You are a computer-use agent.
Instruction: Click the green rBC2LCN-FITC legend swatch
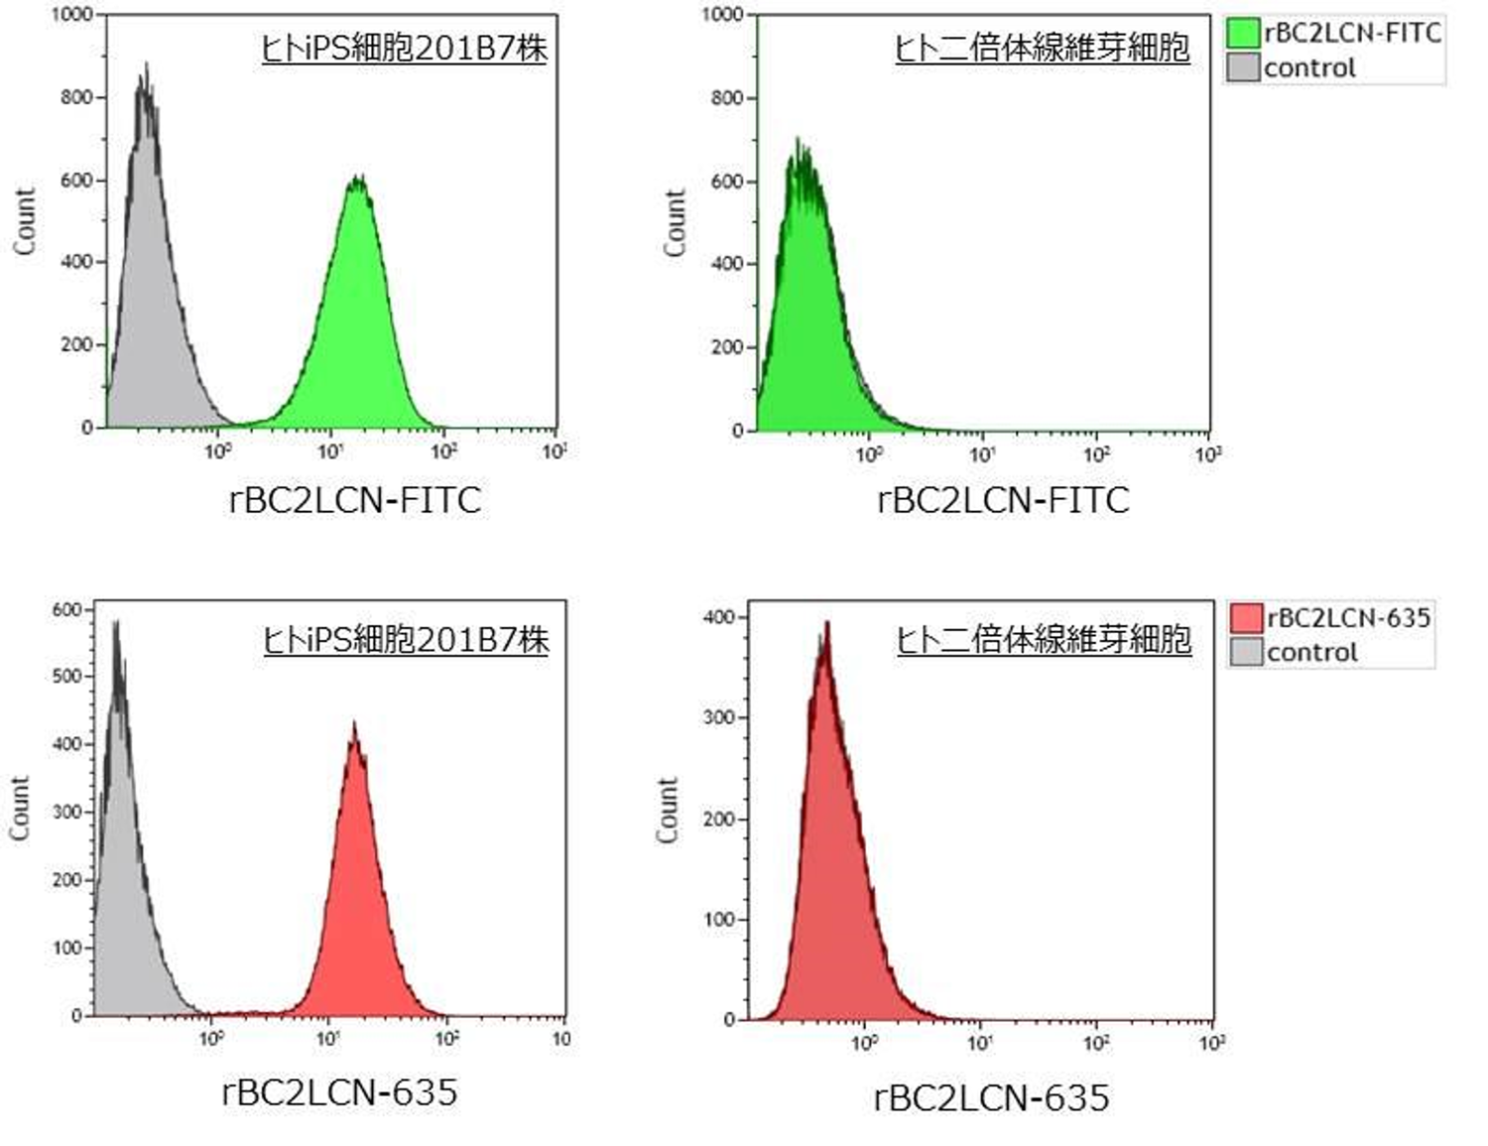click(x=1243, y=33)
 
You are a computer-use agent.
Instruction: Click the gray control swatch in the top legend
click(x=1243, y=67)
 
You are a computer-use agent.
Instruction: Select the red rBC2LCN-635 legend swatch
click(x=1246, y=617)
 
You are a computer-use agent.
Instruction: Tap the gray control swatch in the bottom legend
click(x=1246, y=652)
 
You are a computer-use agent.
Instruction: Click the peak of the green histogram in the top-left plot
click(x=357, y=179)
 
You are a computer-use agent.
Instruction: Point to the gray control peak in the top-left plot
click(x=146, y=67)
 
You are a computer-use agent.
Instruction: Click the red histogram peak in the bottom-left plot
click(x=354, y=724)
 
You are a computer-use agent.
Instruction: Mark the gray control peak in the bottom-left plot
click(x=116, y=623)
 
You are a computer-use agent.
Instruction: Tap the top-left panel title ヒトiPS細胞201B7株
click(x=404, y=48)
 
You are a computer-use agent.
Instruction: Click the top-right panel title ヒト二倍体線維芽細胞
click(x=1042, y=48)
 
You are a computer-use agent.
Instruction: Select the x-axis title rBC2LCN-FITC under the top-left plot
click(x=354, y=499)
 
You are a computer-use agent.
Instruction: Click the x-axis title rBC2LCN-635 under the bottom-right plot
click(x=991, y=1097)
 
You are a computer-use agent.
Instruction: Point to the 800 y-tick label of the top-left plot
click(x=76, y=97)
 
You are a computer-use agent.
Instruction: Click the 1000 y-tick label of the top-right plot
click(x=723, y=15)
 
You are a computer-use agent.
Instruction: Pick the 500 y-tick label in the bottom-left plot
click(x=67, y=676)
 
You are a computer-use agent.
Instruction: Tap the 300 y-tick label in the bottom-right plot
click(x=719, y=717)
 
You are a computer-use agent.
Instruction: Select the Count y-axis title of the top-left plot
click(x=24, y=220)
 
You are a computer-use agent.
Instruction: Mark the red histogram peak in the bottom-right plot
click(x=826, y=625)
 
